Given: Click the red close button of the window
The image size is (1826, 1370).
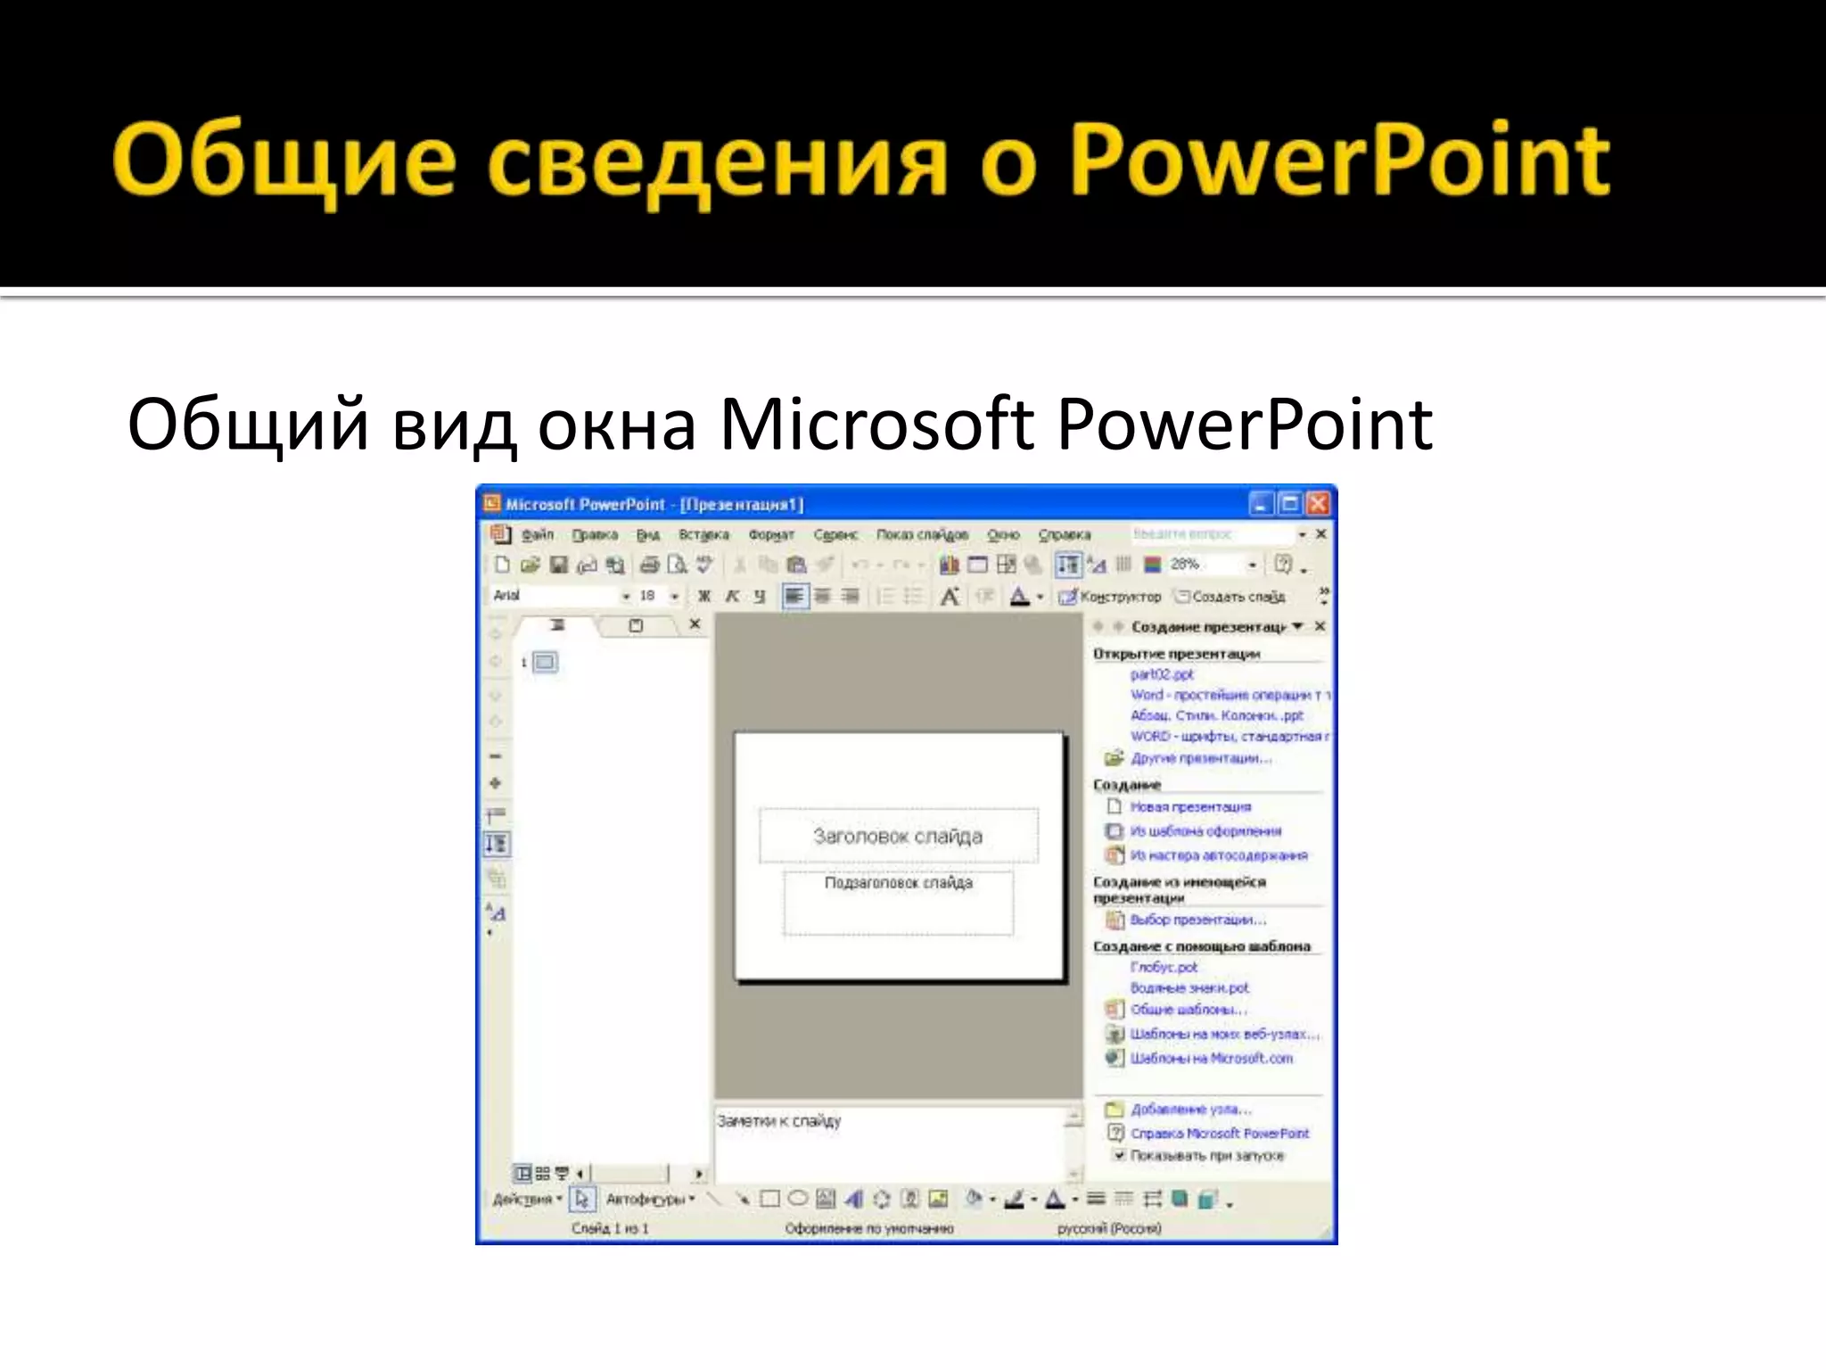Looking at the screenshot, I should [1318, 505].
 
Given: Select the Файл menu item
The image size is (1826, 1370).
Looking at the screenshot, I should [538, 534].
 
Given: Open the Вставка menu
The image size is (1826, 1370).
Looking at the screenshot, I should [703, 534].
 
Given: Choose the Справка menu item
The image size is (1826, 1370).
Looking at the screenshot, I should [1064, 534].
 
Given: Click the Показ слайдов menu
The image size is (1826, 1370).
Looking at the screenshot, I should [922, 534].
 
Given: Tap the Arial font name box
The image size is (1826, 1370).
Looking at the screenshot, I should [553, 595].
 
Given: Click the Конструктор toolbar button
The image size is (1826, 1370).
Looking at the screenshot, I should [1111, 596].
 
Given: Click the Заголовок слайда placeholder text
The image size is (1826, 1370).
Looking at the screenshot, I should [898, 836].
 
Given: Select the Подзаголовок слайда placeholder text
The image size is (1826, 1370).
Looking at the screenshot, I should [898, 883].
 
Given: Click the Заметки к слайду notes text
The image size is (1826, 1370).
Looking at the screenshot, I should [779, 1121].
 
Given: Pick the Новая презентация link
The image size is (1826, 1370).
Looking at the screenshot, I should [1190, 807].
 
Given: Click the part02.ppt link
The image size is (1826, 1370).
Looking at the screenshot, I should [1162, 674].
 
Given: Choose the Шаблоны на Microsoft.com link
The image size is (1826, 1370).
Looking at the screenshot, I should [1211, 1059].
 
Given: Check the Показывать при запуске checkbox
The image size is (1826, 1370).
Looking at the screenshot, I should [1119, 1155].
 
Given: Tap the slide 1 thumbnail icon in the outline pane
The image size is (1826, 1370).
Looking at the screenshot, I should [546, 662].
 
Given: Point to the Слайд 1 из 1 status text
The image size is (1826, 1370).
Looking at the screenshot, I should [610, 1229].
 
